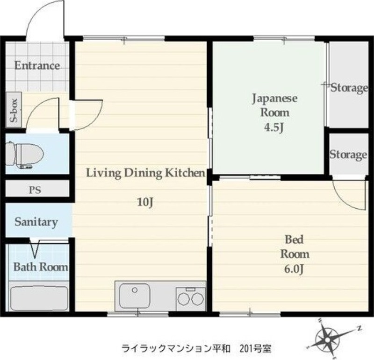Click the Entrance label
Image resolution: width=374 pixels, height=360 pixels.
coord(37,65)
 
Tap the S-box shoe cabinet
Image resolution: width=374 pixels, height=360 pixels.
coord(14,110)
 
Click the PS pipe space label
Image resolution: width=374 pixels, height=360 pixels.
coord(35,190)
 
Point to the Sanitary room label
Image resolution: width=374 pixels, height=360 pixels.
coord(36,222)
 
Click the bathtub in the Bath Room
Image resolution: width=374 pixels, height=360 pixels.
coord(39,298)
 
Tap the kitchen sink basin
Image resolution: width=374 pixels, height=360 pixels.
coord(135,296)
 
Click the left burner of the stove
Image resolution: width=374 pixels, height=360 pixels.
coord(183,299)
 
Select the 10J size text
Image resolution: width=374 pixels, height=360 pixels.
coord(145,202)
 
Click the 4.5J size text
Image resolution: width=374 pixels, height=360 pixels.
coord(274,127)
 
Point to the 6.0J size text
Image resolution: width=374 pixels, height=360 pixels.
coord(294,269)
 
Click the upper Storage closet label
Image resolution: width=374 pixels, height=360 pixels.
coord(349,88)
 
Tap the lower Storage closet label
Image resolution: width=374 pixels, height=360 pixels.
coord(348,155)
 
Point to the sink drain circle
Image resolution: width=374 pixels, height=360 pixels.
coord(135,290)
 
